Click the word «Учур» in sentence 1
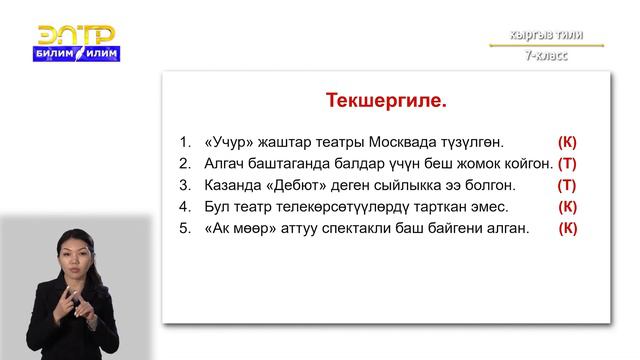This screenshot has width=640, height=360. coord(231,142)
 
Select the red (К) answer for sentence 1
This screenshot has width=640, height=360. coord(567,142)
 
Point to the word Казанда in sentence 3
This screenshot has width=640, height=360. coord(237,185)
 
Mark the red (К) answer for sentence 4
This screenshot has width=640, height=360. coord(567,207)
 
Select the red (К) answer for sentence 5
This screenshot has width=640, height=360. coord(567,228)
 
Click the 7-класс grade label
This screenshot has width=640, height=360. coord(549,56)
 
